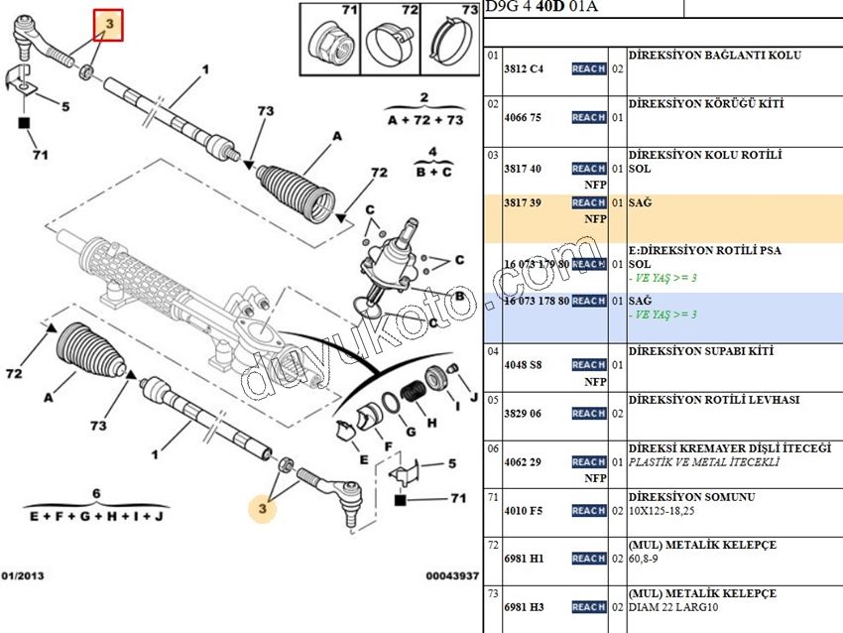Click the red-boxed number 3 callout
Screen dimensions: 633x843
[108, 23]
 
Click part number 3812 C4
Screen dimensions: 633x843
[523, 69]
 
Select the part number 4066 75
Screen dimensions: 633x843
[523, 118]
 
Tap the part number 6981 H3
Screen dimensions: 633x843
[523, 607]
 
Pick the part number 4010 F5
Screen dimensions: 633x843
[523, 511]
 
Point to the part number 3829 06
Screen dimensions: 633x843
[523, 414]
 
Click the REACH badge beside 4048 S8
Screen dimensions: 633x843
[588, 365]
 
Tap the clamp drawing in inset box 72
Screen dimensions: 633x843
[389, 43]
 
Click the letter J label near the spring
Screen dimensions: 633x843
[473, 399]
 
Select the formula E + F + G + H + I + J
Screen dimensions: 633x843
[96, 517]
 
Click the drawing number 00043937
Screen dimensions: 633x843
[453, 575]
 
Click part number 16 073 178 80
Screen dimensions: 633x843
[537, 301]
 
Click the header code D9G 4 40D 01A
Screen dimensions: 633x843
[542, 8]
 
